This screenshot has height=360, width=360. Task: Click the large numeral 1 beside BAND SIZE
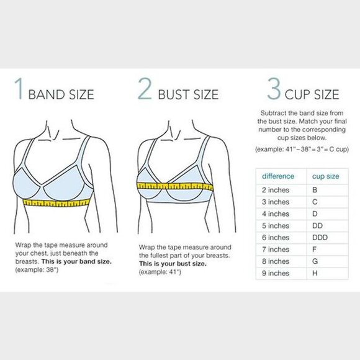[20, 91]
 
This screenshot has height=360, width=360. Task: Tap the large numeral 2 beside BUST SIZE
[145, 91]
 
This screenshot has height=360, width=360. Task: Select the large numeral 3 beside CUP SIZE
[273, 91]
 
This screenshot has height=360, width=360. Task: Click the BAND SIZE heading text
[62, 95]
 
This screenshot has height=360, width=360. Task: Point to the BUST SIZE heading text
[188, 95]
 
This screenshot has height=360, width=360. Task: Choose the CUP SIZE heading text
[312, 95]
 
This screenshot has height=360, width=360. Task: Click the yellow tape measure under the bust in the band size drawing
[55, 202]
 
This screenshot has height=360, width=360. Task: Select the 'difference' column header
[278, 176]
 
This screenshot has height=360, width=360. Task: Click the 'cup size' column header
[325, 176]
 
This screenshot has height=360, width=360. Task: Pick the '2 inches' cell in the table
[275, 190]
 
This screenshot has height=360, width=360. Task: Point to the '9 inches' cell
[275, 273]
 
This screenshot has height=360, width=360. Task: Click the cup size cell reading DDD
[320, 238]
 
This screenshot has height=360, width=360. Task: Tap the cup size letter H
[315, 273]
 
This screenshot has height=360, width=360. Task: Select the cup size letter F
[315, 250]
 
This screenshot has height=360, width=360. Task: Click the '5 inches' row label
[275, 226]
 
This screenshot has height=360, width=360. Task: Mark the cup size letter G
[315, 261]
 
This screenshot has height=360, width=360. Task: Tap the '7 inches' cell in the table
[275, 250]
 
